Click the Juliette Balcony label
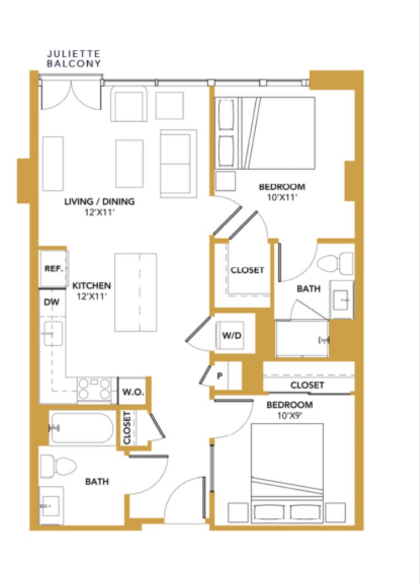point(74,59)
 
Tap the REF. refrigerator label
point(54,269)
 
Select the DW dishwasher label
point(51,302)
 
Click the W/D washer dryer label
point(232,335)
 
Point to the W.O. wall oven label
point(133,392)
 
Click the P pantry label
point(219,376)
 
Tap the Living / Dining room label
point(99,201)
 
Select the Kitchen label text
point(91,286)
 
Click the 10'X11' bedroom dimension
point(282,197)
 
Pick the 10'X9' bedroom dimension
point(289,415)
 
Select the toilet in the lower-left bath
point(58,466)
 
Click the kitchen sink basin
point(53,333)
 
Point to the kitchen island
point(136,292)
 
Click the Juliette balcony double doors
point(71,94)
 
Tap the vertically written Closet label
point(127,428)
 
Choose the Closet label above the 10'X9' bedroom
point(307,385)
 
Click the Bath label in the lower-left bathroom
point(97,481)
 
